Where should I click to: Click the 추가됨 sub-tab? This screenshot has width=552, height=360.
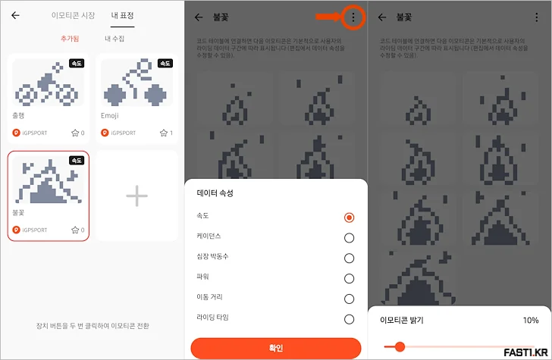click(70, 38)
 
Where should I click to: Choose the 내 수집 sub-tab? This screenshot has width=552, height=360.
click(114, 38)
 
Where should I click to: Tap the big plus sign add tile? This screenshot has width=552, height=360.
click(136, 196)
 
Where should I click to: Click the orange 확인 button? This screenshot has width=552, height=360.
click(275, 348)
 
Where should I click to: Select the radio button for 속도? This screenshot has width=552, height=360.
click(349, 217)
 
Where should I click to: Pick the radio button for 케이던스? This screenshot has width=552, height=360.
click(349, 237)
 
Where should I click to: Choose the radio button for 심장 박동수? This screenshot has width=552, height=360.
click(349, 258)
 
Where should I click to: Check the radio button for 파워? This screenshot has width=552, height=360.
click(349, 278)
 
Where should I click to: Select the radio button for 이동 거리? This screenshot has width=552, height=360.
click(349, 299)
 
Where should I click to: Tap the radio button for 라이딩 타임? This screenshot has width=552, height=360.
click(349, 319)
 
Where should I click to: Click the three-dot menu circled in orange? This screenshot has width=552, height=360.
click(353, 16)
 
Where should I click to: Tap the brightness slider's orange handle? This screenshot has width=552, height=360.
click(399, 347)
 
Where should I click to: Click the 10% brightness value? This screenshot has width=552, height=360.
click(531, 321)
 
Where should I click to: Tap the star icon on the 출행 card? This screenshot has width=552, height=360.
click(75, 133)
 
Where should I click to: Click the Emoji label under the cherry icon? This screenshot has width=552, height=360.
click(110, 116)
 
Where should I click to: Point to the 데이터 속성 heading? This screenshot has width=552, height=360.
click(215, 193)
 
